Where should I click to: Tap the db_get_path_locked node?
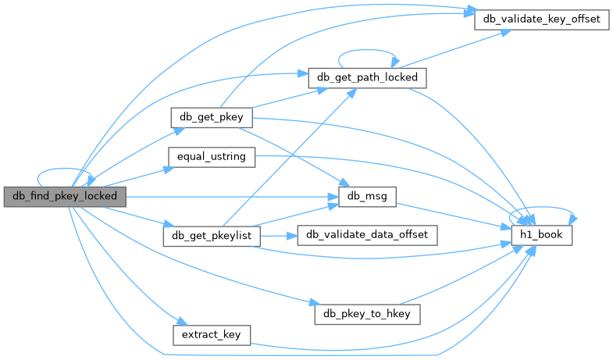pos(368,77)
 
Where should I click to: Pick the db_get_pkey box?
pos(211,117)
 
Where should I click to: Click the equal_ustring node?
pos(211,156)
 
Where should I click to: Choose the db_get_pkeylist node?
pos(211,235)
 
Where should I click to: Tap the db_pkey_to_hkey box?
pos(368,314)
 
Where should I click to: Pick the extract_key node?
pos(211,334)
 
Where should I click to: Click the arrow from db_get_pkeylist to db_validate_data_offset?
pos(278,235)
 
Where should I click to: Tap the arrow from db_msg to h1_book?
pos(453,216)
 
